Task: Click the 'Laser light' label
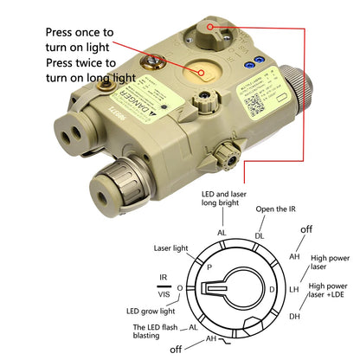[x=171, y=247]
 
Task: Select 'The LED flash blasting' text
[x=155, y=332]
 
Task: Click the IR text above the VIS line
[x=162, y=278]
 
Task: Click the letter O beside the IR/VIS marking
[x=179, y=286]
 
